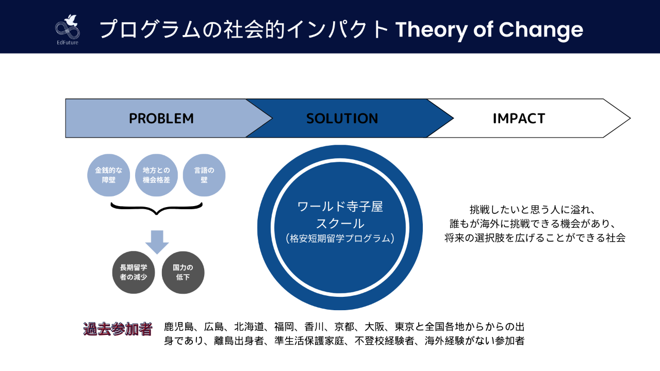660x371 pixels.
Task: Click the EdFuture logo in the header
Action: pyautogui.click(x=68, y=29)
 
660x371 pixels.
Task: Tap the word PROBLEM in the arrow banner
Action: pyautogui.click(x=161, y=119)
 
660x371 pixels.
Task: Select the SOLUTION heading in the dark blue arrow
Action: pyautogui.click(x=342, y=119)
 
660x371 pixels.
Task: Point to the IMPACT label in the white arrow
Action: pyautogui.click(x=519, y=119)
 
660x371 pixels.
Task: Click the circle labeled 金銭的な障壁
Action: pyautogui.click(x=108, y=175)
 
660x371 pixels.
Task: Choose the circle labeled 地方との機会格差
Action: pyautogui.click(x=156, y=175)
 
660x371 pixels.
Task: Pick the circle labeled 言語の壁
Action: pyautogui.click(x=204, y=175)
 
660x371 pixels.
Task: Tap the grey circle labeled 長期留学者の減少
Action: pyautogui.click(x=134, y=272)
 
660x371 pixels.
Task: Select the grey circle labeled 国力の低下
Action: pyautogui.click(x=183, y=272)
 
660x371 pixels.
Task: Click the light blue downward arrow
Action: pyautogui.click(x=157, y=242)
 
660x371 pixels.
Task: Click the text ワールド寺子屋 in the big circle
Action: pyautogui.click(x=340, y=207)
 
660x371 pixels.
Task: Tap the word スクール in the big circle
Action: pyautogui.click(x=340, y=223)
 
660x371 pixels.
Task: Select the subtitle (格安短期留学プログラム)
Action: pyautogui.click(x=340, y=238)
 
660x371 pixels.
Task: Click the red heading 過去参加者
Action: pyautogui.click(x=118, y=329)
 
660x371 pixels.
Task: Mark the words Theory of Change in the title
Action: pyautogui.click(x=489, y=30)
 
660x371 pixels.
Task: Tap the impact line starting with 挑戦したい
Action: pyautogui.click(x=533, y=210)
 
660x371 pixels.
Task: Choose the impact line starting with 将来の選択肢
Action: pyautogui.click(x=535, y=238)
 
